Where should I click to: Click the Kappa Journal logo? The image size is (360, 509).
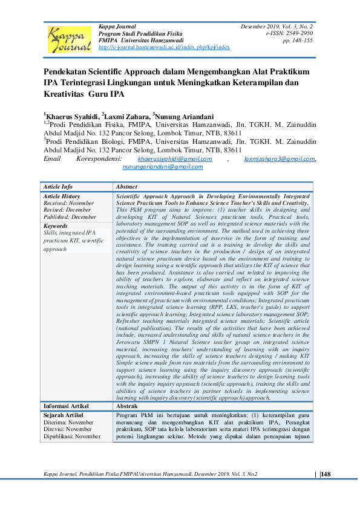68,39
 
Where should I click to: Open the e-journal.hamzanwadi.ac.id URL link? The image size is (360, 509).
163,47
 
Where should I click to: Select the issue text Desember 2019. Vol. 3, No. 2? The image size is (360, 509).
277,27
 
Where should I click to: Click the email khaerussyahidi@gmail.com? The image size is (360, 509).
174,158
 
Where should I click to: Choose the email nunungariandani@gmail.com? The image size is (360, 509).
163,166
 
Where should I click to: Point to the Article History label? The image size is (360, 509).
62,196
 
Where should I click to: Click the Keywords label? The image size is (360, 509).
56,225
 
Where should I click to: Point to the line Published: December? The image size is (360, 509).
70,216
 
